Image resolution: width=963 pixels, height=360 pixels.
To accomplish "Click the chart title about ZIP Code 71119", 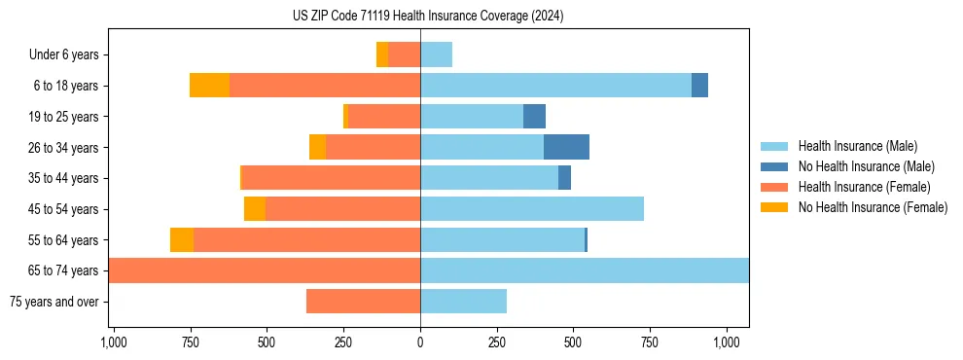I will (x=428, y=16).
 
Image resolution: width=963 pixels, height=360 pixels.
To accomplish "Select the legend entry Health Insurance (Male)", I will (x=856, y=146).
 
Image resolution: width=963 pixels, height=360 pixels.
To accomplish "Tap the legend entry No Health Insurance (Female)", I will (x=873, y=207).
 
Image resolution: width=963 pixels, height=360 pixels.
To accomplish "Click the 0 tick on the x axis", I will (x=420, y=342).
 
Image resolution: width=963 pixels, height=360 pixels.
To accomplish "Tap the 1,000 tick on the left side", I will (x=114, y=342).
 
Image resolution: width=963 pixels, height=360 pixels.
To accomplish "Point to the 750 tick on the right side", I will (x=650, y=342).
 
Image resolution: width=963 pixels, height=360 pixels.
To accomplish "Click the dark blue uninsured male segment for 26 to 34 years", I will (x=566, y=147).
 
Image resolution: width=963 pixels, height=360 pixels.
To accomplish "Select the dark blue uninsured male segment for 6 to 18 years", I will (x=699, y=86).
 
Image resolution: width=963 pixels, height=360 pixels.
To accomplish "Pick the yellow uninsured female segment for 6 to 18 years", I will (x=209, y=86).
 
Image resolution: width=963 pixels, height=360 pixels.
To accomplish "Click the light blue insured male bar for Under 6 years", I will (x=436, y=54).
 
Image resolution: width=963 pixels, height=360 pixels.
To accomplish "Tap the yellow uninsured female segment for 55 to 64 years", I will (x=182, y=239).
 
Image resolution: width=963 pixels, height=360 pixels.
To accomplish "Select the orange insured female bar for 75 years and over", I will (x=363, y=302).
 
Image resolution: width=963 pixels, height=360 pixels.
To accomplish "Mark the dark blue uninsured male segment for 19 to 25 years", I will (x=534, y=117).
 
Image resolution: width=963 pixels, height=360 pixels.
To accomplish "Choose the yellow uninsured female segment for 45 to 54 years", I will (x=255, y=209).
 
